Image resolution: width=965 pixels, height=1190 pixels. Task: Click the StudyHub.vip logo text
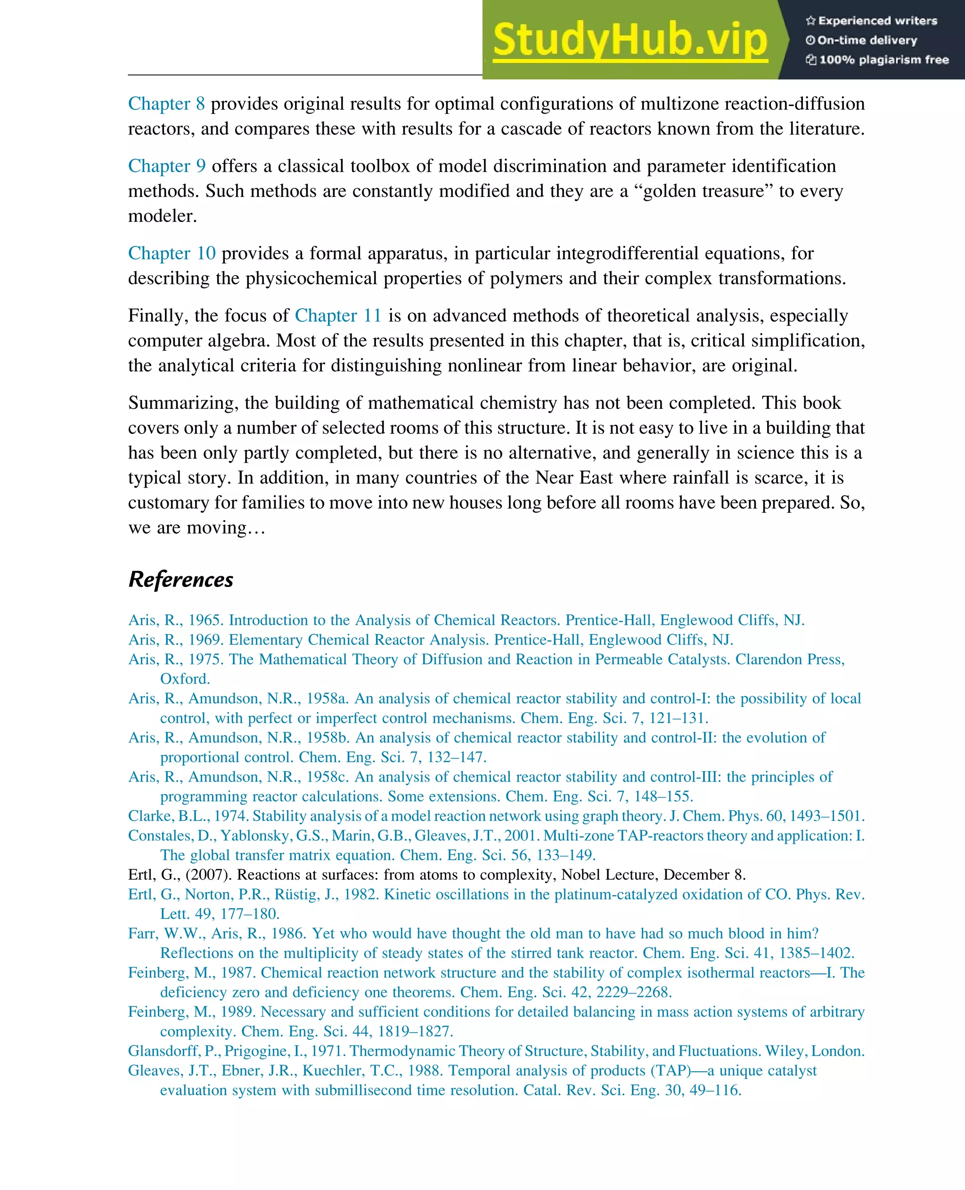click(x=630, y=40)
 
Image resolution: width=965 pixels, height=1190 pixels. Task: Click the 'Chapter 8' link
click(x=166, y=104)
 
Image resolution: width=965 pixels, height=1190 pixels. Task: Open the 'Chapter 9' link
click(x=167, y=166)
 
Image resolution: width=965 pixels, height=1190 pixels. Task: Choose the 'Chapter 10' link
click(x=172, y=253)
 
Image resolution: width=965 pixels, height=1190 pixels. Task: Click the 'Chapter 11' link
click(x=338, y=316)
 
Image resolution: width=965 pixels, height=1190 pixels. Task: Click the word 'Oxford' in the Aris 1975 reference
click(x=184, y=679)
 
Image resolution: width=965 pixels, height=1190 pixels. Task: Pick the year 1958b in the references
click(x=327, y=738)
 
